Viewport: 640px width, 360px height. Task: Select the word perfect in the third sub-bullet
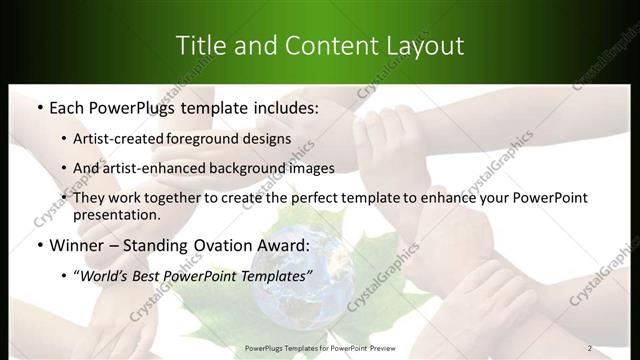tap(308, 198)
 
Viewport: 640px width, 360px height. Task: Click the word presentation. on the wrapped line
tap(116, 214)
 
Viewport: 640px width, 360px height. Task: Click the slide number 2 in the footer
tap(590, 348)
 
